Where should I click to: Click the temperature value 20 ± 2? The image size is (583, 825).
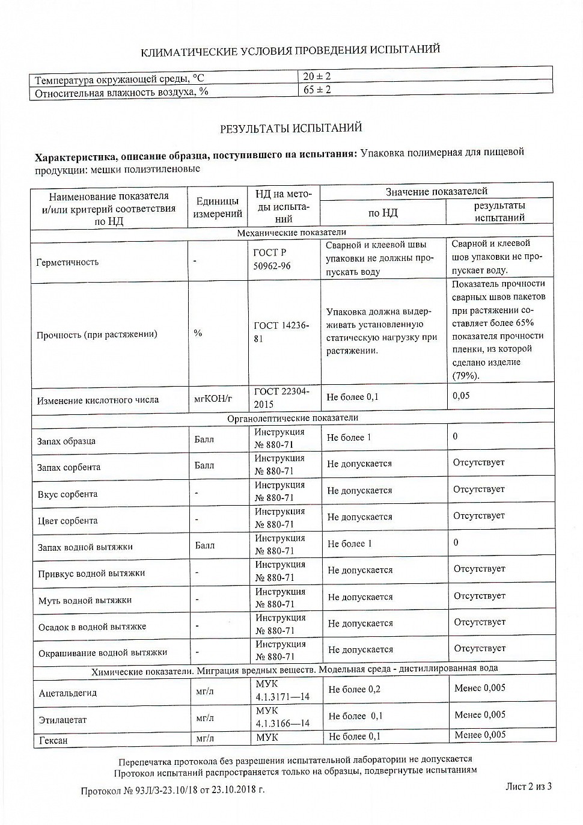[x=317, y=76]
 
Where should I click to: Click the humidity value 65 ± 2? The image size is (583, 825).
[x=317, y=90]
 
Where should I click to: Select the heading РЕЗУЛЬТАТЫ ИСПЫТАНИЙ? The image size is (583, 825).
[x=291, y=128]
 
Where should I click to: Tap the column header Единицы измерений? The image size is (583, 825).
[x=218, y=207]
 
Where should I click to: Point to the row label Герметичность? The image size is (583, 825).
[x=67, y=262]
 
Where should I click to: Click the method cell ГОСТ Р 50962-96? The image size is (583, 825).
[x=272, y=259]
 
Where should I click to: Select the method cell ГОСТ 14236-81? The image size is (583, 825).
[x=281, y=332]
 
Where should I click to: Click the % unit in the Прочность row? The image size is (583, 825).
[x=198, y=333]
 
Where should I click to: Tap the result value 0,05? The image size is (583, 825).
[x=462, y=396]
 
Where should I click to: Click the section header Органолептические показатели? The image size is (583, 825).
[x=292, y=418]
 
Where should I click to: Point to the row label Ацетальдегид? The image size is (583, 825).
[x=67, y=693]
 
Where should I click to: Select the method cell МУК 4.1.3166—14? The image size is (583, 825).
[x=282, y=717]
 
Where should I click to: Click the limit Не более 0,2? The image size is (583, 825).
[x=354, y=690]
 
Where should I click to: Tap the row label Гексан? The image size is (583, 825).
[x=53, y=741]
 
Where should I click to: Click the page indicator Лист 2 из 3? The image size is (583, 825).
[x=529, y=786]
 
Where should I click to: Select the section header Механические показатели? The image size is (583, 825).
[x=291, y=233]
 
